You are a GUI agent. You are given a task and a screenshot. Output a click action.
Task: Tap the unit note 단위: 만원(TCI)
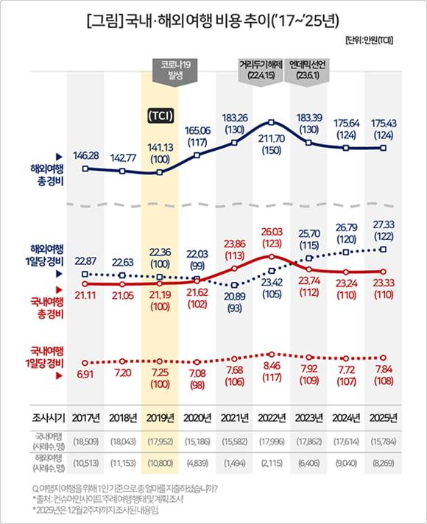click(x=367, y=40)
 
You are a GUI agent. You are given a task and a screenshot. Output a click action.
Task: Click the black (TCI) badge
click(x=160, y=116)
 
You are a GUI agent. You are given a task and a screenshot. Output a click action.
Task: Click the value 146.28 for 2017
click(x=87, y=155)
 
